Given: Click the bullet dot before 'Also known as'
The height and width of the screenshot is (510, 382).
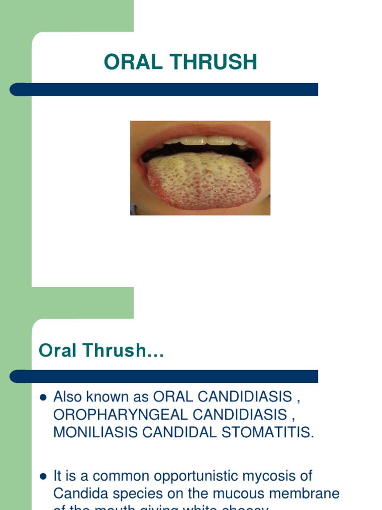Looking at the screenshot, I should (x=43, y=397).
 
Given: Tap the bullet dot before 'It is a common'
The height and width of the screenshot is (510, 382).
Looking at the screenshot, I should (x=43, y=476).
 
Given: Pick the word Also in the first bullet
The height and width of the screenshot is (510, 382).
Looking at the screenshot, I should (x=67, y=397).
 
